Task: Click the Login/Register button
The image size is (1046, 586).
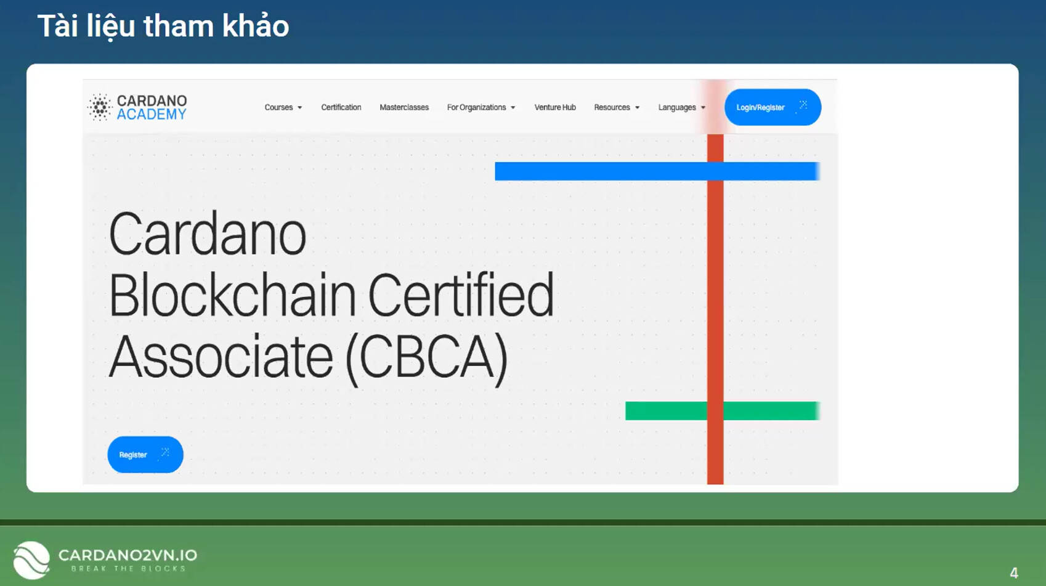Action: click(772, 107)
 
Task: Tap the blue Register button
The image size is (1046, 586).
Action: click(145, 454)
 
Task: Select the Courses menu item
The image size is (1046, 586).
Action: click(283, 107)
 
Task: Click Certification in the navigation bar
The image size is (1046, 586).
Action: click(341, 107)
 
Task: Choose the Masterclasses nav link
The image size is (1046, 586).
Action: click(404, 107)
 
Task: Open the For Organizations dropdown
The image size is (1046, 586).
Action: click(481, 107)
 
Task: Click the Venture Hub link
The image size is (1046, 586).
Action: click(555, 107)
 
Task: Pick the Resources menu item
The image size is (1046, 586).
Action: click(617, 107)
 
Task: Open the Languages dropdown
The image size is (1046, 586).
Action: click(682, 107)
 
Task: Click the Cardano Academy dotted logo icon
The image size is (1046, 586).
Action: click(99, 107)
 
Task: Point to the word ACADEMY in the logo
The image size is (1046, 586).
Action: click(152, 115)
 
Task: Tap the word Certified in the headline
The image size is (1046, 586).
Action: click(461, 295)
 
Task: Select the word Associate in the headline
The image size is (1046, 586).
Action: click(221, 356)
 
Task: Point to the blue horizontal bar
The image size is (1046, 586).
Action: click(657, 171)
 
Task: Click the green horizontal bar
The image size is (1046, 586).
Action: click(723, 411)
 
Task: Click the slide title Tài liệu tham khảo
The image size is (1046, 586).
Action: click(163, 26)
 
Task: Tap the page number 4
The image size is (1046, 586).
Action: click(1014, 572)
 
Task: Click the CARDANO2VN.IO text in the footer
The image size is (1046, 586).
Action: click(128, 555)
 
